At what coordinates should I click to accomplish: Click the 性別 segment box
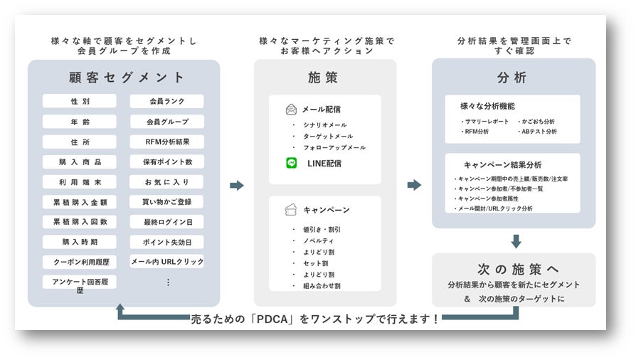pyautogui.click(x=80, y=102)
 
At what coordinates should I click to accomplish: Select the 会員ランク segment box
pyautogui.click(x=166, y=102)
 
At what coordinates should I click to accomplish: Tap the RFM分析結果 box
pyautogui.click(x=166, y=142)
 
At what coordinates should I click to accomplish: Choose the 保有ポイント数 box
pyautogui.click(x=166, y=162)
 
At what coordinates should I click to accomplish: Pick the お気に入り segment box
pyautogui.click(x=166, y=181)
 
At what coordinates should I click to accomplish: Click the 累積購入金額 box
pyautogui.click(x=80, y=202)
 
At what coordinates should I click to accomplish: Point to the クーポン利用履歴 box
pyautogui.click(x=80, y=262)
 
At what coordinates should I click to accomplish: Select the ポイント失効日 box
pyautogui.click(x=166, y=242)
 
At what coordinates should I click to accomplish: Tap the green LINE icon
pyautogui.click(x=292, y=164)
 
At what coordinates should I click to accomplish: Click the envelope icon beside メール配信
pyautogui.click(x=292, y=110)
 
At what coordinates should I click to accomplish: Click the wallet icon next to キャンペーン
pyautogui.click(x=292, y=210)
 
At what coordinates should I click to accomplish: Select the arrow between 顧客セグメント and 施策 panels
pyautogui.click(x=237, y=186)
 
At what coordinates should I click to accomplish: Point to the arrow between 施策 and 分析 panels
pyautogui.click(x=414, y=186)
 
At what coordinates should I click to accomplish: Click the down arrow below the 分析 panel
pyautogui.click(x=516, y=241)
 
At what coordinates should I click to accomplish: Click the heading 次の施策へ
pyautogui.click(x=513, y=269)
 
